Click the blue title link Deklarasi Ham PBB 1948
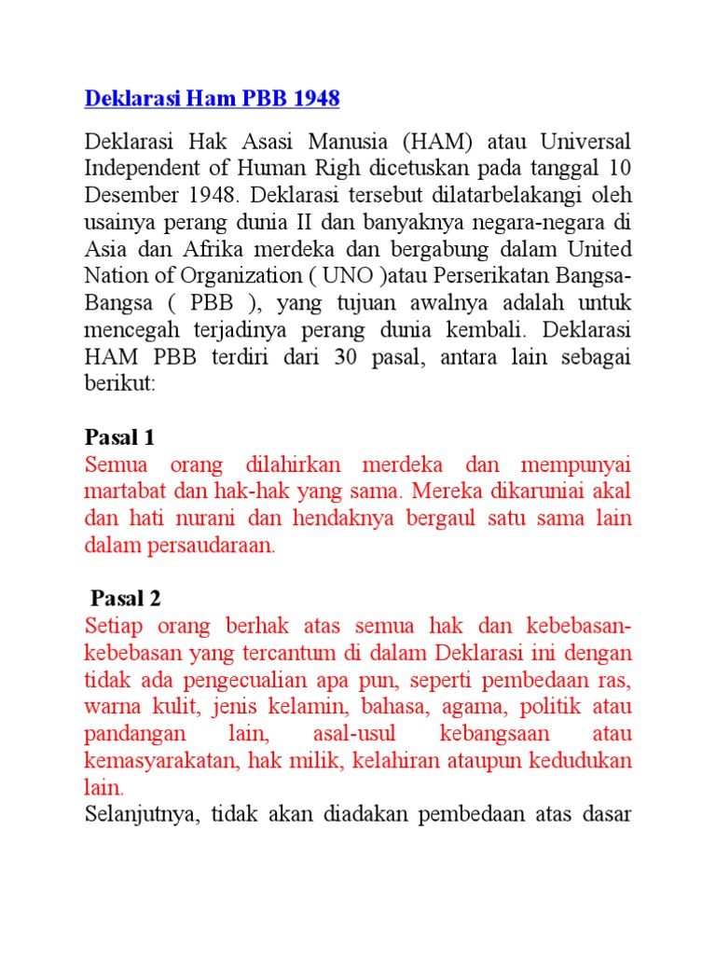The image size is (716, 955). click(213, 98)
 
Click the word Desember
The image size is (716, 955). click(131, 198)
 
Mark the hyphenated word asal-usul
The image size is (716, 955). click(363, 733)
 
